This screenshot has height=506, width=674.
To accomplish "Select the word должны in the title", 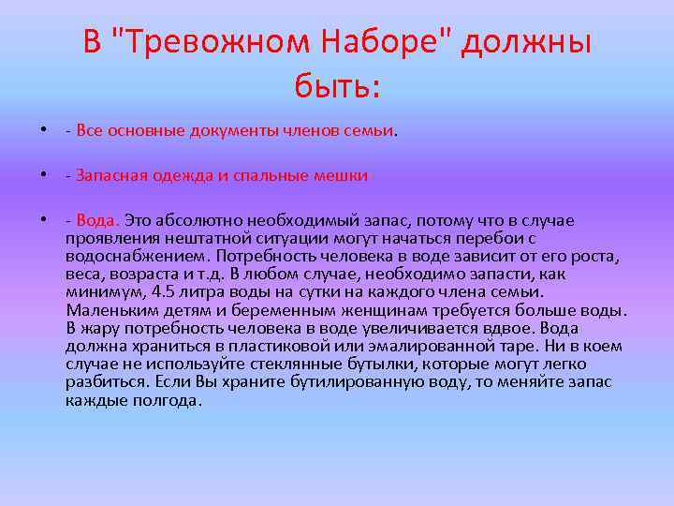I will coord(526,42).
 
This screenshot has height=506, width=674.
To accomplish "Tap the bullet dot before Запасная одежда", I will coord(44,175).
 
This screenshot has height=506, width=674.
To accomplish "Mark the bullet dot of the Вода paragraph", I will coord(44,220).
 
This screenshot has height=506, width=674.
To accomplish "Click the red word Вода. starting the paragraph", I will coord(98,220).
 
